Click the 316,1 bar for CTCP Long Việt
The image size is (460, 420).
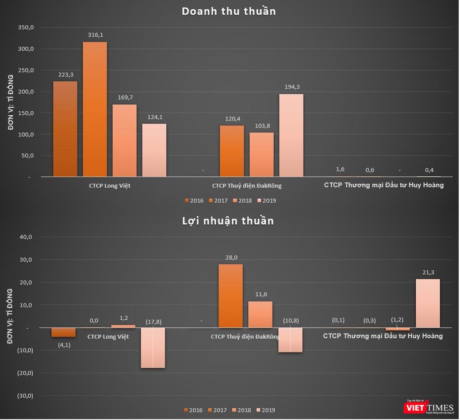(x=95, y=109)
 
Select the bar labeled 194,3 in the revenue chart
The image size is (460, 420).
(x=291, y=135)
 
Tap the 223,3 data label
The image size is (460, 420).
(x=65, y=74)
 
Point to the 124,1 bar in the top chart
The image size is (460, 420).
(x=154, y=150)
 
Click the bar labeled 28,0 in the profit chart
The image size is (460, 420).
(x=231, y=296)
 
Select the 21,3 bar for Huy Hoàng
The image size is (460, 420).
(x=428, y=303)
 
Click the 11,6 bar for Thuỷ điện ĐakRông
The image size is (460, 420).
(x=260, y=314)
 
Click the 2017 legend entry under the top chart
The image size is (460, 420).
(x=217, y=200)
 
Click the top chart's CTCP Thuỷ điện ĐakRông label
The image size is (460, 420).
(x=247, y=186)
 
